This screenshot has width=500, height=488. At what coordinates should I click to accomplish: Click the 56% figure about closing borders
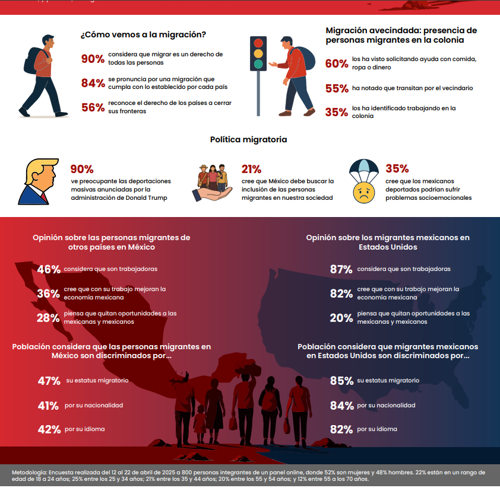pyautogui.click(x=93, y=107)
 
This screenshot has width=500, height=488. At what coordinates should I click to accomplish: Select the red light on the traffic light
pyautogui.click(x=258, y=43)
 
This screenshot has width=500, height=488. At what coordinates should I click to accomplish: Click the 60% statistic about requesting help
pyautogui.click(x=336, y=63)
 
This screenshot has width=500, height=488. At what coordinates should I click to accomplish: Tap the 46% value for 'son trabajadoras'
pyautogui.click(x=49, y=269)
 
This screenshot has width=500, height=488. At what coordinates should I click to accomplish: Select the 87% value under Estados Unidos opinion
pyautogui.click(x=341, y=269)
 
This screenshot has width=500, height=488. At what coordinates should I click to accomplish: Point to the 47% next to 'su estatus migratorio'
pyautogui.click(x=49, y=381)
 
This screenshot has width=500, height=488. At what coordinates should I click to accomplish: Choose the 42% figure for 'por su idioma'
pyautogui.click(x=49, y=430)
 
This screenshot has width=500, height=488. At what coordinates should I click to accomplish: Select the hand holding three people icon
pyautogui.click(x=212, y=181)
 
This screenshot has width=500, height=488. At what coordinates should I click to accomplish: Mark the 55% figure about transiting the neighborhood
pyautogui.click(x=336, y=88)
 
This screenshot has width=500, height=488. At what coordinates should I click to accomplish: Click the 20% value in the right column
pyautogui.click(x=341, y=318)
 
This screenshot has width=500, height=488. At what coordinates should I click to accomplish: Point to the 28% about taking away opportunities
pyautogui.click(x=48, y=318)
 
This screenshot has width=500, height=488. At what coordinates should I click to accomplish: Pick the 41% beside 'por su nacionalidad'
pyautogui.click(x=48, y=406)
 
